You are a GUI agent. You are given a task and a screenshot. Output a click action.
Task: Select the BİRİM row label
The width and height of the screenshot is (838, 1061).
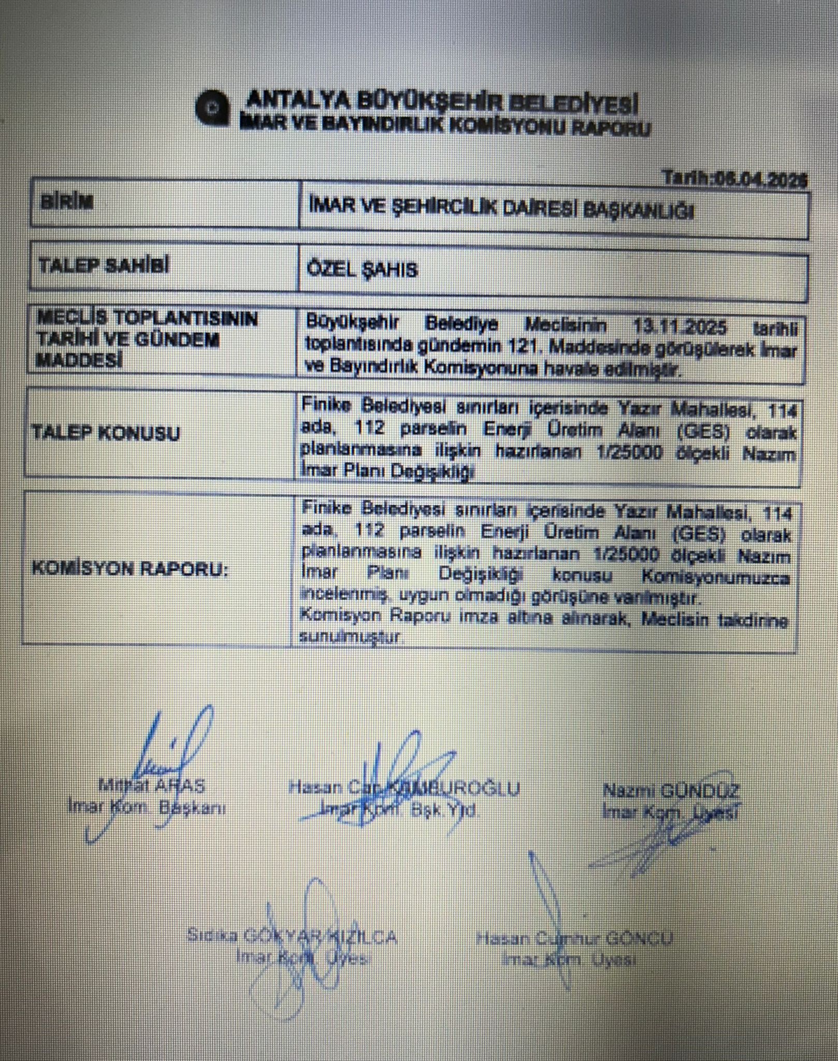pyautogui.click(x=67, y=202)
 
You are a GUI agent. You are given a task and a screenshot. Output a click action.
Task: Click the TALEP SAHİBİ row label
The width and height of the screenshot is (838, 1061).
pyautogui.click(x=104, y=266)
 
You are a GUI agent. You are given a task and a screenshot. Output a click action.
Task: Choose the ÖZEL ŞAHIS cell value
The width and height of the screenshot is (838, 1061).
pyautogui.click(x=363, y=269)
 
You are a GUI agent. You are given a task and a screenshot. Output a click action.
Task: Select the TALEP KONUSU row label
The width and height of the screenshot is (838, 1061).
pyautogui.click(x=106, y=433)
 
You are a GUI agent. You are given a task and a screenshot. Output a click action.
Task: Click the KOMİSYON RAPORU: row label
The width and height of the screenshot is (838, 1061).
pyautogui.click(x=129, y=569)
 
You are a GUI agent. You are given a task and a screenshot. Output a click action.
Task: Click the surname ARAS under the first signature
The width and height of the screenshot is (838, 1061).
pyautogui.click(x=179, y=785)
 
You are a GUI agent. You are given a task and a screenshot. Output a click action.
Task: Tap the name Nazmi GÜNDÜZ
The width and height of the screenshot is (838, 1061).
pyautogui.click(x=671, y=791)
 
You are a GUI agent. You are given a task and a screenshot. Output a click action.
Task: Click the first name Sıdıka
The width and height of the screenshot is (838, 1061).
pyautogui.click(x=212, y=936)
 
